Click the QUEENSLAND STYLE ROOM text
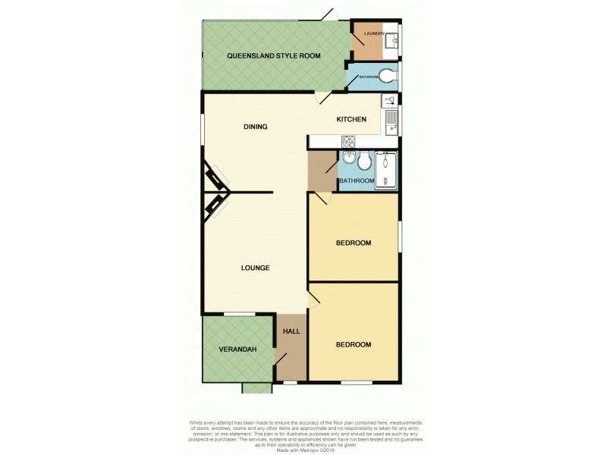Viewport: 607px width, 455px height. click(x=275, y=56)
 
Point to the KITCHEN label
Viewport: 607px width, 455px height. click(x=352, y=120)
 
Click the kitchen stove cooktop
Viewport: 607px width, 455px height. click(x=348, y=141)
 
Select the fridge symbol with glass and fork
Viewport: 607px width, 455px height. click(x=390, y=100)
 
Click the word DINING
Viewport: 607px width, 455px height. click(x=256, y=127)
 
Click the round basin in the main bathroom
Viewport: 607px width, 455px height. click(x=348, y=158)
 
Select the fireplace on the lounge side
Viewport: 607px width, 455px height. click(x=215, y=205)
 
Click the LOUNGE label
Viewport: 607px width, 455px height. click(x=256, y=268)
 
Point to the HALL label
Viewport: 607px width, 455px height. click(x=291, y=331)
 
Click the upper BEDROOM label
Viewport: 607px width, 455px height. click(x=353, y=243)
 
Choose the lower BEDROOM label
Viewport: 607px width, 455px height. click(x=353, y=345)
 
